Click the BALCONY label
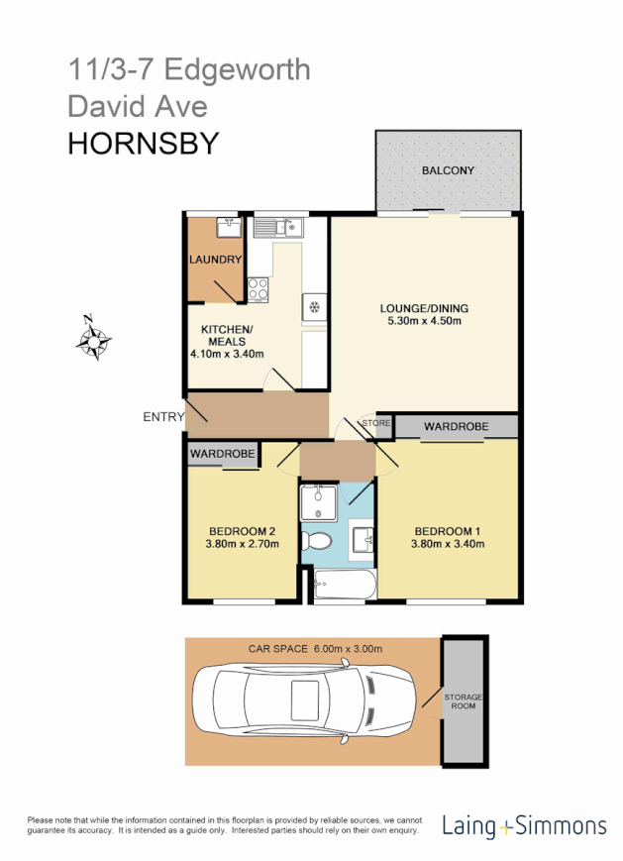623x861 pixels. [448, 170]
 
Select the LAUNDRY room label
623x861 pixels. [215, 261]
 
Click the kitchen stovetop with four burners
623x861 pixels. [259, 290]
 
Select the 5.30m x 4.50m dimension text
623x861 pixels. [426, 321]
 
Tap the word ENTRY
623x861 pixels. [163, 417]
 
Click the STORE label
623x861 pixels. [376, 423]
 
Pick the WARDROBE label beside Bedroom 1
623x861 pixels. [456, 427]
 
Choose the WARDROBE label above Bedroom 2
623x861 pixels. [223, 454]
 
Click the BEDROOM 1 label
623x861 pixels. [448, 529]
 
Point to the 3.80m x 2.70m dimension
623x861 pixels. [240, 543]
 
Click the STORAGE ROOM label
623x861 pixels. [462, 701]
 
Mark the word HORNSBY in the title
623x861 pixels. [143, 145]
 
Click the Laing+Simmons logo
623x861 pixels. [525, 824]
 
